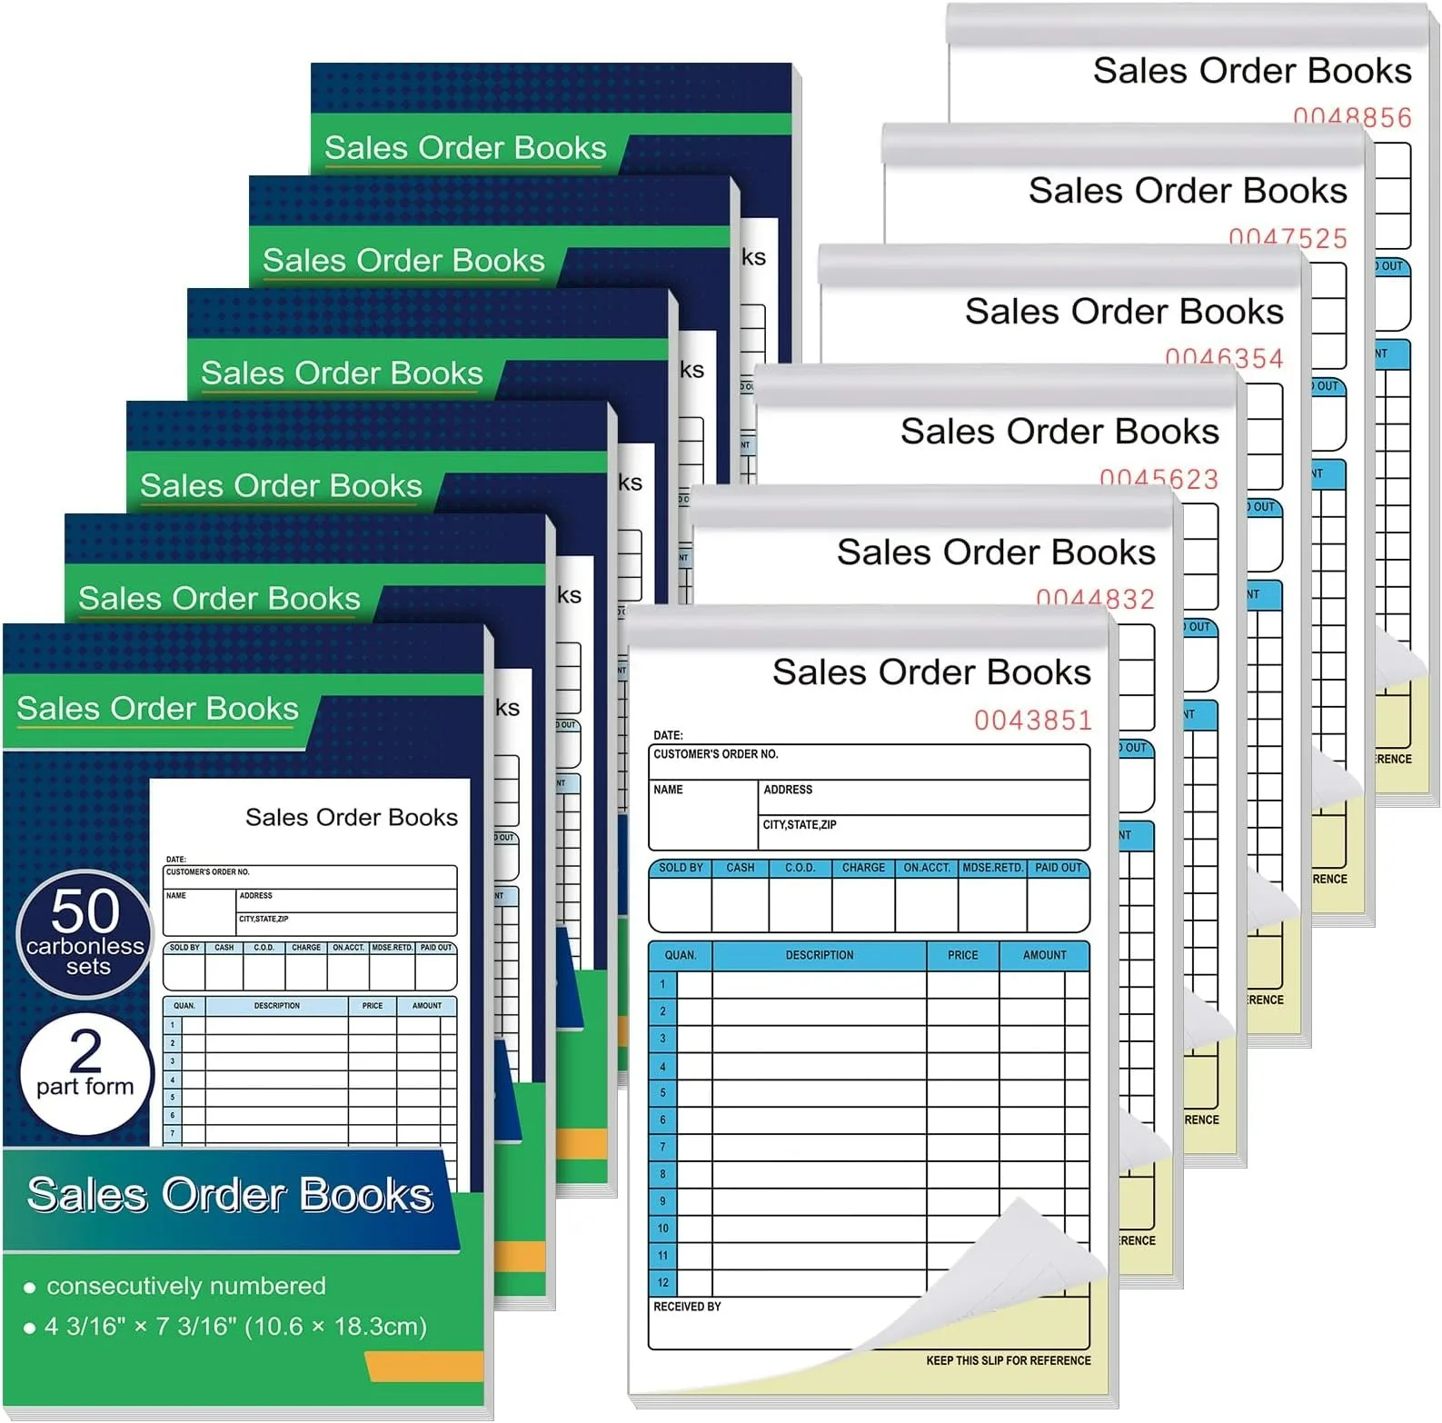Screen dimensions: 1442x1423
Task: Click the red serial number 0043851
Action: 1033,721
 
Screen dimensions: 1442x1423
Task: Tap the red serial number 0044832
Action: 1096,598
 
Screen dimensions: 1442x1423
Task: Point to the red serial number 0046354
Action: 1224,357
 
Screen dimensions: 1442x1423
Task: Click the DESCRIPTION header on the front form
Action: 819,955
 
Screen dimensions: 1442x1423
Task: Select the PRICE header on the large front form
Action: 962,955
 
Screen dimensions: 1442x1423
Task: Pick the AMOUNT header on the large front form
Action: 1044,955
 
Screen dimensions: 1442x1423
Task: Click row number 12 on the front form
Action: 662,1282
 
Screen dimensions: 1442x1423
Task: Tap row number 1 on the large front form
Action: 662,984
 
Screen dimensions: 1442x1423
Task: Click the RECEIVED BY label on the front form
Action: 687,1307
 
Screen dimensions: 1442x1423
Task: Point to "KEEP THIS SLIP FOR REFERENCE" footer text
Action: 1008,1360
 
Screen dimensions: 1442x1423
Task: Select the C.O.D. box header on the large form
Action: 800,868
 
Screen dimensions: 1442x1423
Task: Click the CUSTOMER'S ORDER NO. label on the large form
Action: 715,754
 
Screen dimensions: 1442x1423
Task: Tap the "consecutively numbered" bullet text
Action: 185,1286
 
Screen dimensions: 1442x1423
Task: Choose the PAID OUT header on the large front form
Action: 1058,868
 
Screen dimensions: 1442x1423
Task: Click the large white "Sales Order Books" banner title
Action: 230,1195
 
